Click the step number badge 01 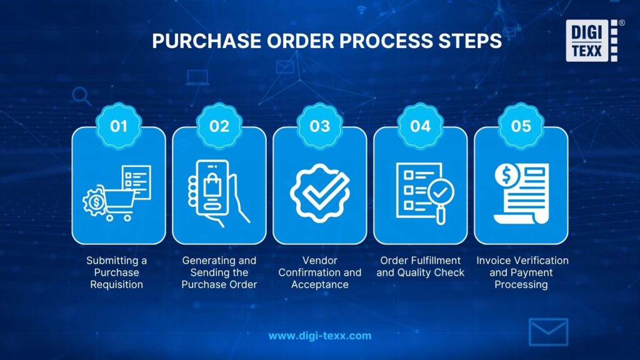[x=119, y=126]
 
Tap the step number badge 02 [x=219, y=126]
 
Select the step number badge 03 [x=320, y=126]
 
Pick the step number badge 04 [x=421, y=126]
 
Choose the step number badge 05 [x=521, y=126]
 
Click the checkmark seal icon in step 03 [x=320, y=191]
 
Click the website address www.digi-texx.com [x=320, y=336]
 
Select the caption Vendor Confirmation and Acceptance [x=320, y=272]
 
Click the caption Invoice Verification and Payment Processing [x=522, y=272]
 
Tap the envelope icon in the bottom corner [x=548, y=332]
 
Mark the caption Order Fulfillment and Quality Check [x=421, y=266]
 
